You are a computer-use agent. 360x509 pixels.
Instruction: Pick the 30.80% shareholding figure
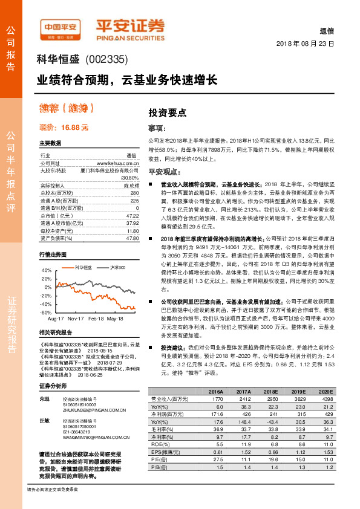tap(130, 178)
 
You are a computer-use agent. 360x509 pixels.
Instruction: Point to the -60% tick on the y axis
tap(45, 313)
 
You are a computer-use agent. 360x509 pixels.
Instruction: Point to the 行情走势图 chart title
tap(53, 255)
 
